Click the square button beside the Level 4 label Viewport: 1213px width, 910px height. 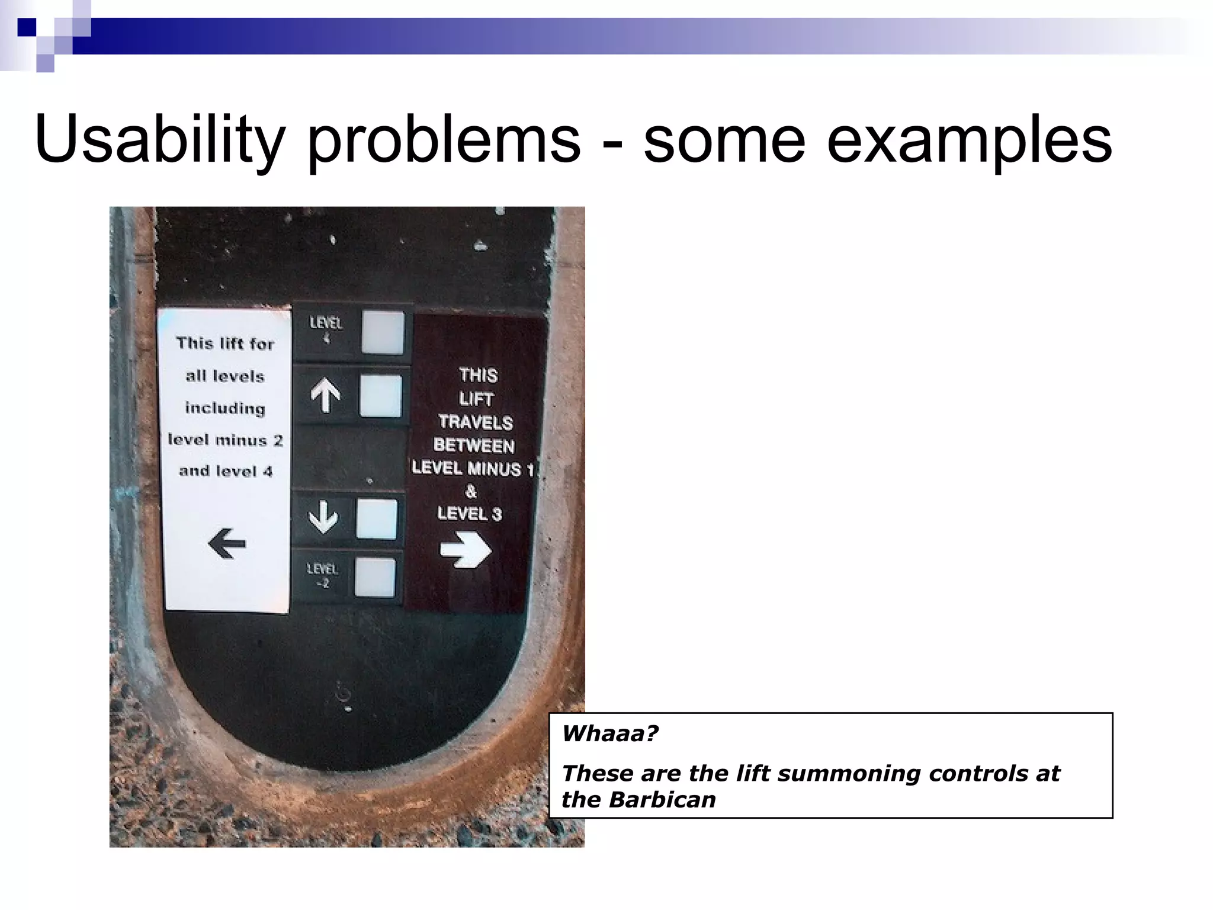383,333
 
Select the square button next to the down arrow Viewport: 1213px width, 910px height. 376,519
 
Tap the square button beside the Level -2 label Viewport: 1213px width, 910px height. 375,577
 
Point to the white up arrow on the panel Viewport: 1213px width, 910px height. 325,395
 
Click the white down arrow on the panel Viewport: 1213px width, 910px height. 323,517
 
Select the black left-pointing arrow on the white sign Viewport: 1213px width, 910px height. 227,543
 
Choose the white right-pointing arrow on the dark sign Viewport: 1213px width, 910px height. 466,550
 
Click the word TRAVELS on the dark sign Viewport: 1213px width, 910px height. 476,422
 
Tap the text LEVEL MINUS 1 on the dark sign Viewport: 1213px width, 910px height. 473,468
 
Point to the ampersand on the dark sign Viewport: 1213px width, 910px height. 471,491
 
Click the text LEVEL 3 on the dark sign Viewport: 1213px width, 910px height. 470,513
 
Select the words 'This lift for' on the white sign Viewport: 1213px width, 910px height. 225,344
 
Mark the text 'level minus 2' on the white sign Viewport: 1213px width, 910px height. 225,440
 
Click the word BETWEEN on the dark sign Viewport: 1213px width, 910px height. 474,445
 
